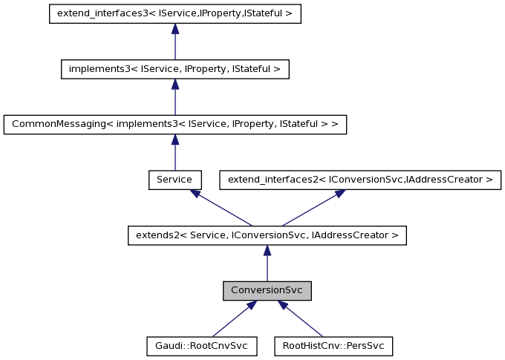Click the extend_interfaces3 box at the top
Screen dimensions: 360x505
point(175,13)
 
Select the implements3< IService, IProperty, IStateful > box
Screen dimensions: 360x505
point(175,69)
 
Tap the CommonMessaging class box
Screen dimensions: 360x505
point(175,124)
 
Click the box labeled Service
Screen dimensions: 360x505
point(175,180)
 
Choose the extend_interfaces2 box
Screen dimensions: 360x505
point(360,180)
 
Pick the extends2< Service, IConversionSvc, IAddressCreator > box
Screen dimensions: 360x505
point(267,235)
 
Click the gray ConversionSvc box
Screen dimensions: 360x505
point(267,291)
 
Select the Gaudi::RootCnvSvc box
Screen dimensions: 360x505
point(202,346)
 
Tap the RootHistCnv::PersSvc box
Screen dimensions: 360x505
point(333,346)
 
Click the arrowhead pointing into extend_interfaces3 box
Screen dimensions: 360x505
point(175,29)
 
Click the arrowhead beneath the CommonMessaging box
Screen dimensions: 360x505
point(175,140)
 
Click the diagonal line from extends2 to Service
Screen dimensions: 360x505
point(222,209)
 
